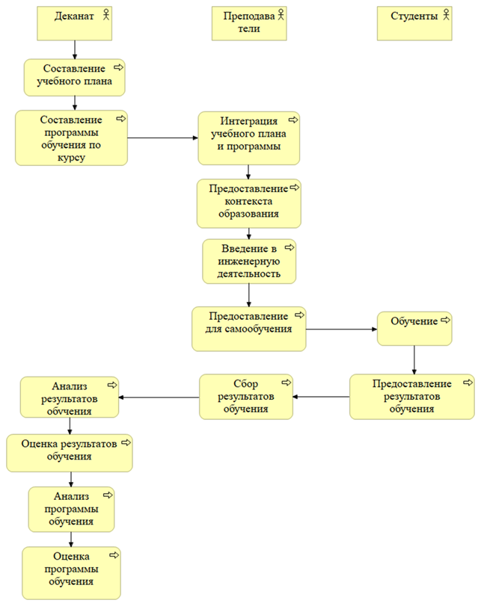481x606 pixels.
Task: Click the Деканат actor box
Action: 74,23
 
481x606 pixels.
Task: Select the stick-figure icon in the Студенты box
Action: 446,15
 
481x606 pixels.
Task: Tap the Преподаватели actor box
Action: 249,23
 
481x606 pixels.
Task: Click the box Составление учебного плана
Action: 74,77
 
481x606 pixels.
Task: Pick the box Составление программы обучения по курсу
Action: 71,138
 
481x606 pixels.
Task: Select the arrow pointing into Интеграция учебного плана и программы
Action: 162,137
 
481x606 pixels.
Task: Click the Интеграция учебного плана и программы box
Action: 249,138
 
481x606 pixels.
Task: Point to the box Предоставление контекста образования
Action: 249,203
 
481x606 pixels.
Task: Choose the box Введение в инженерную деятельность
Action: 249,262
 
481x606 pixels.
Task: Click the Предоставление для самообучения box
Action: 249,329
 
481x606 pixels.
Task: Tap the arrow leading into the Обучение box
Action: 341,330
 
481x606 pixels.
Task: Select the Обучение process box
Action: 414,329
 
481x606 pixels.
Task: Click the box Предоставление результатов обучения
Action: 411,397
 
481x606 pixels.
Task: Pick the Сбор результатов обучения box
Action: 246,397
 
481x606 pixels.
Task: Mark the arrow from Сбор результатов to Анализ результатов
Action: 159,398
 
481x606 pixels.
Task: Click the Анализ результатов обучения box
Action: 70,398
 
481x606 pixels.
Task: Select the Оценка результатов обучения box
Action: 70,453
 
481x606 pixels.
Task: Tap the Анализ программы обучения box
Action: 71,510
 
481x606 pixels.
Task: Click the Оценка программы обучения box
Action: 71,573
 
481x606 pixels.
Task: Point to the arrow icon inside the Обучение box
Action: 445,320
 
